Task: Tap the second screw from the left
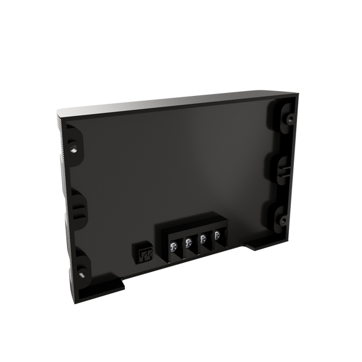coord(188,243)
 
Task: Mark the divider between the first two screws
coord(182,246)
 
